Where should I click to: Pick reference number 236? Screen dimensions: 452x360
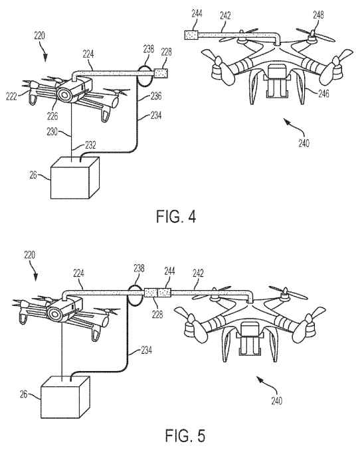click(157, 96)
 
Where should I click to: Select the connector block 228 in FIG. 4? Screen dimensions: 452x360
click(163, 71)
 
